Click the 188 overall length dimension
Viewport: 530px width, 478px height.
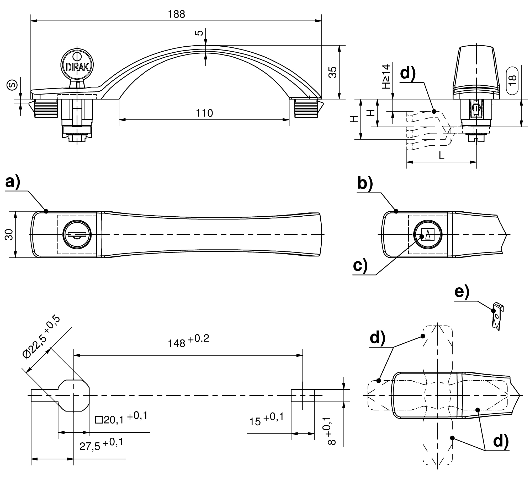(x=176, y=14)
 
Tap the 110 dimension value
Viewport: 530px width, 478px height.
(x=204, y=113)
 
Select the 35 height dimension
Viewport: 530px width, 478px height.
(x=333, y=72)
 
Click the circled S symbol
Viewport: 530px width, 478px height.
(x=12, y=84)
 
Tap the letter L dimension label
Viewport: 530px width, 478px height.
(x=441, y=156)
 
